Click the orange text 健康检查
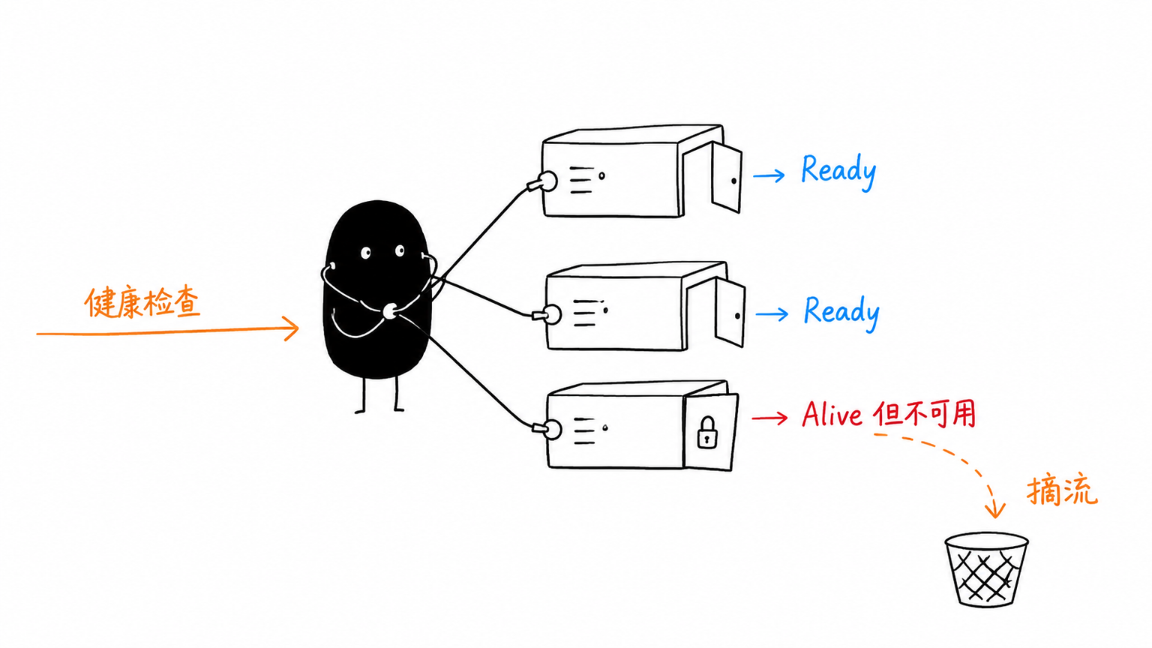click(142, 302)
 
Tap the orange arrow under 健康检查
click(168, 331)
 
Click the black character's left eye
click(366, 253)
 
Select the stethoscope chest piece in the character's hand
click(390, 311)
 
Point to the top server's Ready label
click(838, 172)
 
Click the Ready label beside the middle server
click(841, 312)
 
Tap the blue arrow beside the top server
click(769, 176)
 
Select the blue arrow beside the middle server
click(772, 313)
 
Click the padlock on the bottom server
click(708, 433)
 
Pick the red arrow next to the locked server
click(769, 418)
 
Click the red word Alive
click(832, 414)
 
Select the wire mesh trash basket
click(986, 570)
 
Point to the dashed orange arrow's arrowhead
click(994, 509)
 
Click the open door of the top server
click(727, 178)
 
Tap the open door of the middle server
click(730, 313)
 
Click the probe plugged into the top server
click(542, 182)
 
